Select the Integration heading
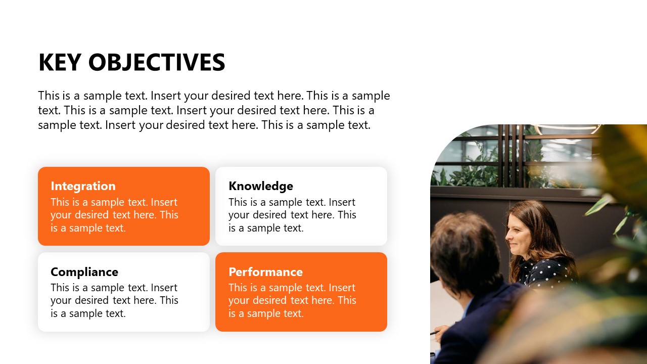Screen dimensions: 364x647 [x=83, y=186]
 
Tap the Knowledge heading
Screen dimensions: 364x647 [x=260, y=186]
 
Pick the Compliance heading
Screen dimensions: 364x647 [x=84, y=272]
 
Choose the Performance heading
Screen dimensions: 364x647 [x=265, y=272]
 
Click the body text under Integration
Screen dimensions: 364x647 [x=114, y=215]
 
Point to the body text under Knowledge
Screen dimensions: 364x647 [x=292, y=215]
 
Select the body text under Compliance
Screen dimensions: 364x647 [x=114, y=300]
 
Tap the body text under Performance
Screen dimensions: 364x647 [x=292, y=300]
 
